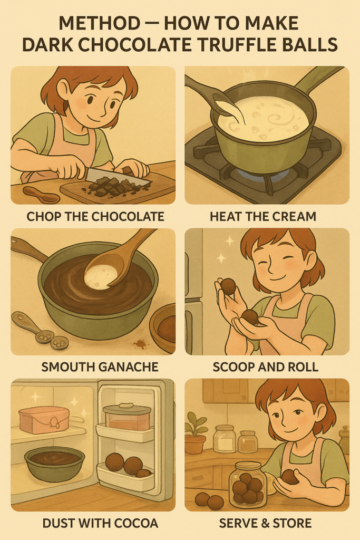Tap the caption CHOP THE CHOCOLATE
click(95, 217)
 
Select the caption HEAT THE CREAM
click(263, 217)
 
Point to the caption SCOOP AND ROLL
click(265, 367)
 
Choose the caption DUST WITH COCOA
click(100, 524)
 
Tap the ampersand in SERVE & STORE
click(265, 524)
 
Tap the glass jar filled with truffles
click(247, 485)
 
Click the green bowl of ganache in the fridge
click(54, 463)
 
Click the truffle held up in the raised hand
click(228, 286)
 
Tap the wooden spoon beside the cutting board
click(41, 195)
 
